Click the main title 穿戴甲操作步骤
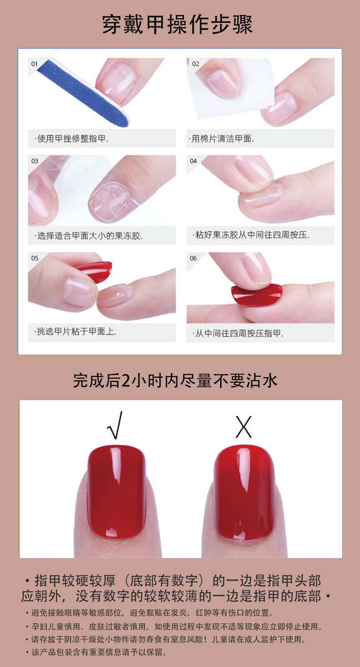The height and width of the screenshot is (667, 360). click(178, 24)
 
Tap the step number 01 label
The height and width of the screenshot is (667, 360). click(35, 64)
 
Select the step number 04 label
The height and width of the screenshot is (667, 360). click(193, 161)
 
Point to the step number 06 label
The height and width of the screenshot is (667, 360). click(193, 258)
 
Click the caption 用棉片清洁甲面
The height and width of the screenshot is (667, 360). click(221, 139)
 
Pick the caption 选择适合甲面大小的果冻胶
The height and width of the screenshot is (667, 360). click(88, 236)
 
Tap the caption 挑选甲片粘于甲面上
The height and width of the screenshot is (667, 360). click(75, 332)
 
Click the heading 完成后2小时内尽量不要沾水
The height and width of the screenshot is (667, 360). click(175, 380)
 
